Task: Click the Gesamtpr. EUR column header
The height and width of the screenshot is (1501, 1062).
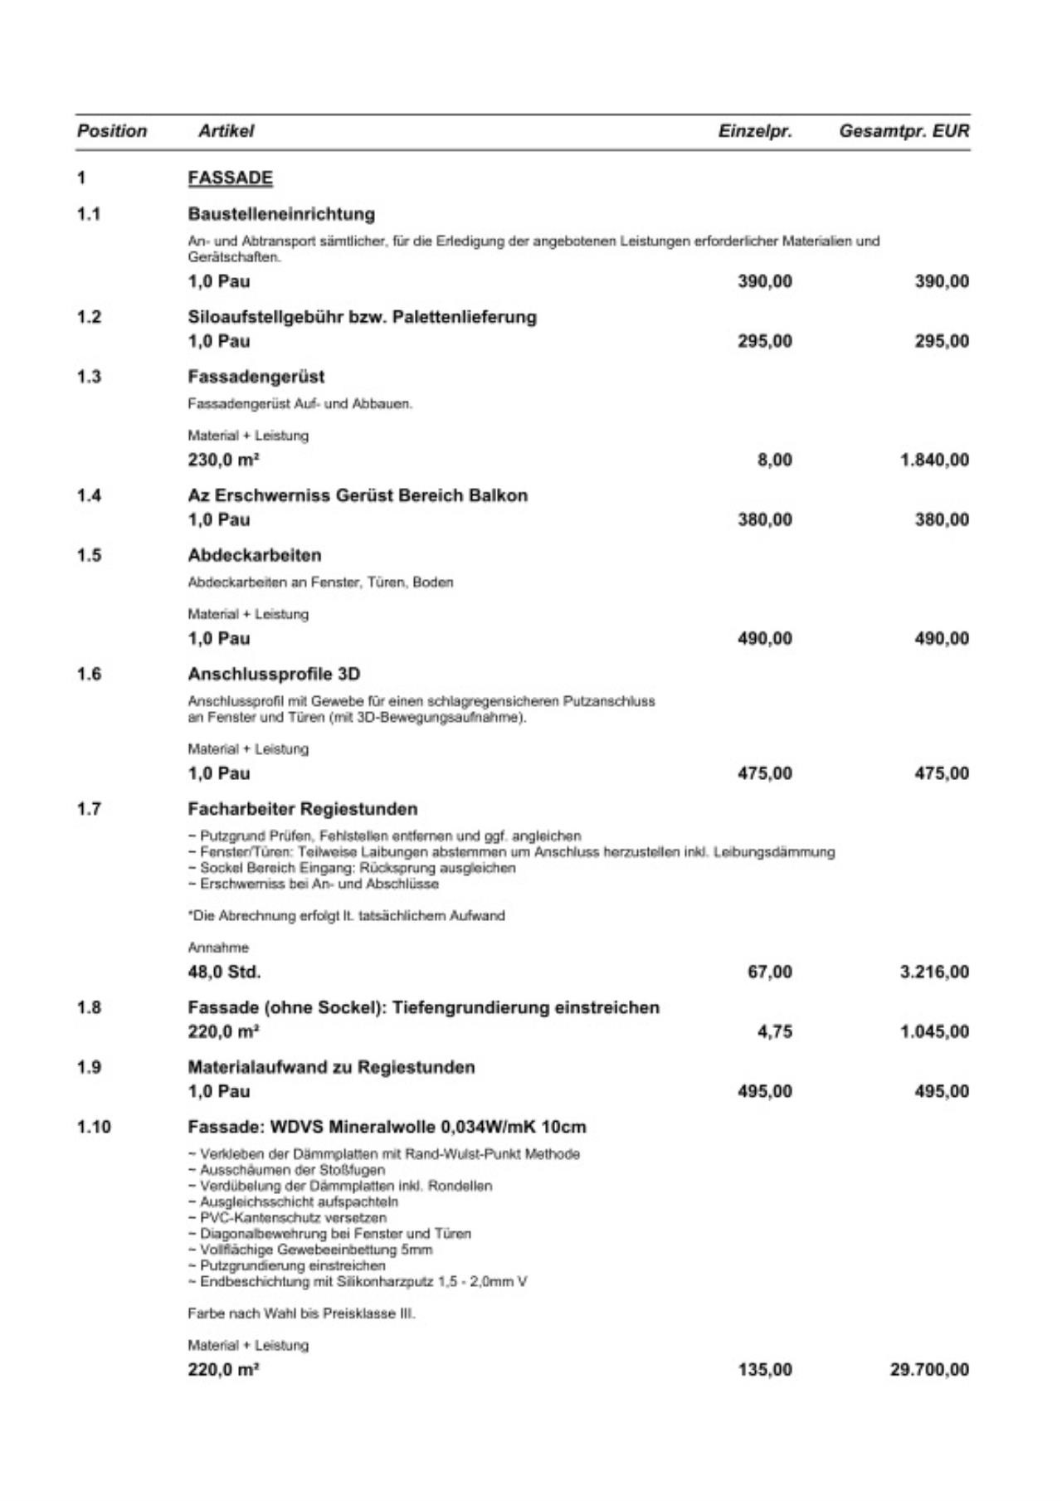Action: tap(904, 131)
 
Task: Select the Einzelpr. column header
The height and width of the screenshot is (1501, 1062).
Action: tap(755, 131)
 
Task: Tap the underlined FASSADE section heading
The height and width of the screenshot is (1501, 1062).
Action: tap(230, 178)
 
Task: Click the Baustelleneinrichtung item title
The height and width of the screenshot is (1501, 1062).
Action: tap(281, 214)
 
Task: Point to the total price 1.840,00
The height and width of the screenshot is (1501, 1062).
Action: tap(934, 460)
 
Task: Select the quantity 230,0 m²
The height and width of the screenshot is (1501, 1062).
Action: tap(217, 460)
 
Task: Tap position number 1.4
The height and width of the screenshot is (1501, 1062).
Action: tap(89, 495)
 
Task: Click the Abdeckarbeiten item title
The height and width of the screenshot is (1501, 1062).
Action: tap(254, 555)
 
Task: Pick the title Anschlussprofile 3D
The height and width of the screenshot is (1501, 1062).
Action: tap(274, 674)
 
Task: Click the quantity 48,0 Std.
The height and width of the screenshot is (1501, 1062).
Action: tap(224, 972)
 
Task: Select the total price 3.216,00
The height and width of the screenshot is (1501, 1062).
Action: tap(934, 972)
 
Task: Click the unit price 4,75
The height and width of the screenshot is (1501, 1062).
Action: tap(775, 1031)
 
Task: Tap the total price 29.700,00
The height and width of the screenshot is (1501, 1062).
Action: tap(929, 1370)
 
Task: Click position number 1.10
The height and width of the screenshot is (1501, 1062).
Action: tap(93, 1127)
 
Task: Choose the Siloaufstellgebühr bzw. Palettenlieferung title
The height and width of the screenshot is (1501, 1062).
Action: tap(362, 317)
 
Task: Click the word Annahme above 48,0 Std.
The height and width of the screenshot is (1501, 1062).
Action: tap(218, 948)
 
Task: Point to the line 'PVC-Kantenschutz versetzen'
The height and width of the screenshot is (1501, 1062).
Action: tap(287, 1218)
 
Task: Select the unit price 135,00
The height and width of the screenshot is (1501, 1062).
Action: tap(765, 1370)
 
